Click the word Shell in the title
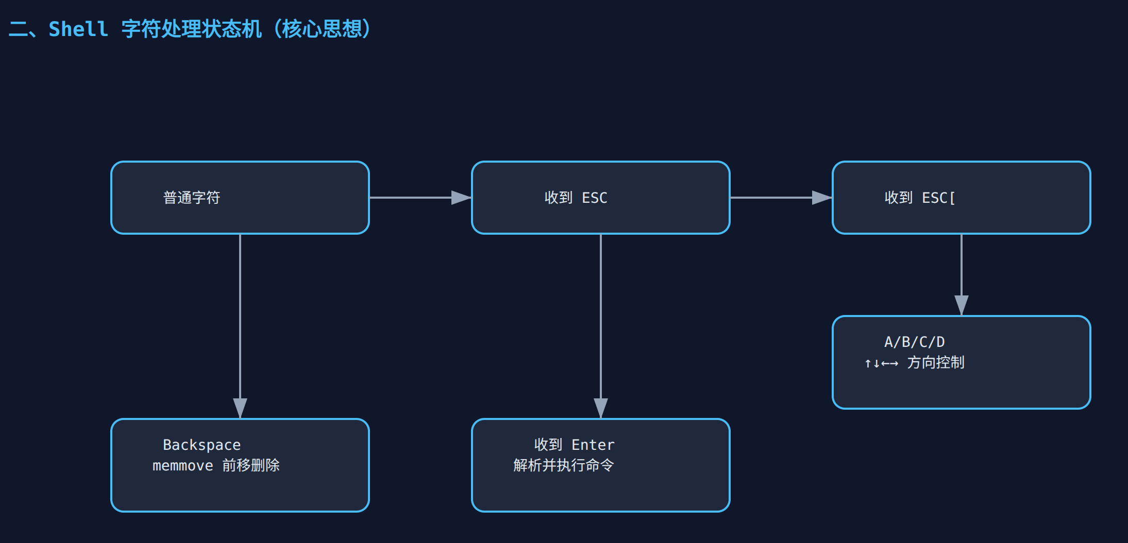coord(78,29)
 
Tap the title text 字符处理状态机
coord(191,29)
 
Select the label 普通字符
coord(192,198)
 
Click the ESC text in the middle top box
coord(595,198)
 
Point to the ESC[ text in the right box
coord(938,198)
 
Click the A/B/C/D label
coord(915,342)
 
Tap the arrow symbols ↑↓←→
coord(881,363)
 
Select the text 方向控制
coord(936,362)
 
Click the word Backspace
coord(201,445)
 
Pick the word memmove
coord(182,465)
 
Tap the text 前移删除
coord(251,465)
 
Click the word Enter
coord(593,445)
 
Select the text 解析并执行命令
coord(564,465)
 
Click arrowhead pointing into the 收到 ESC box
coord(461,198)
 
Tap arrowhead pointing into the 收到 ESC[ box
coord(821,198)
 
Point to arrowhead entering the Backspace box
coord(240,408)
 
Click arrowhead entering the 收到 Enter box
coord(601,408)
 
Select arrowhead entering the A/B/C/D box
coord(962,305)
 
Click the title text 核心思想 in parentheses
coord(322,29)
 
